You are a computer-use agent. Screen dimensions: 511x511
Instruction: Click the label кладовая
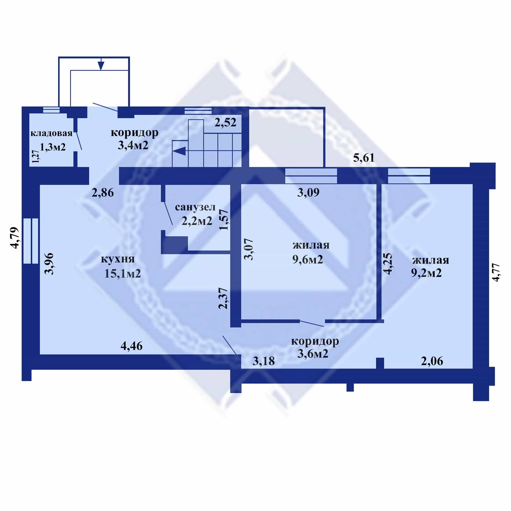[x=51, y=133]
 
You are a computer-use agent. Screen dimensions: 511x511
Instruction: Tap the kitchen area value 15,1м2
[x=122, y=273]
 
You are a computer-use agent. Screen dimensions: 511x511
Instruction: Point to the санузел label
[x=195, y=207]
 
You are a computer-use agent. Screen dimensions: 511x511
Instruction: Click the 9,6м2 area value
[x=308, y=260]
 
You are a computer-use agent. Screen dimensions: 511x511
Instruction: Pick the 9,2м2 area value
[x=426, y=273]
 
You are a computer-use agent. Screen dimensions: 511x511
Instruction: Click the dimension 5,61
[x=364, y=158]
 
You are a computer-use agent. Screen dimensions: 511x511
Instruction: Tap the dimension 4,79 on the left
[x=15, y=238]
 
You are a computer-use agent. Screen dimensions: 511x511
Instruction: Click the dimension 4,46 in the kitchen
[x=131, y=346]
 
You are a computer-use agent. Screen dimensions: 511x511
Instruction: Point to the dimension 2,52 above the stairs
[x=225, y=122]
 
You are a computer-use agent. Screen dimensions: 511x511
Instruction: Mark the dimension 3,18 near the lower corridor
[x=264, y=361]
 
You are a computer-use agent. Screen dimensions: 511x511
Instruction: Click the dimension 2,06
[x=432, y=361]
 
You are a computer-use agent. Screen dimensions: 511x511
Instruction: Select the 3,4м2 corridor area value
[x=133, y=145]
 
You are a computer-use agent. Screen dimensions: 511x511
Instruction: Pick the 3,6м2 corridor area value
[x=313, y=354]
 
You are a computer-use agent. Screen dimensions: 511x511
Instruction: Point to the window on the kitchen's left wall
[x=31, y=241]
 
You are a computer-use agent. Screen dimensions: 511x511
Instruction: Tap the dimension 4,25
[x=387, y=264]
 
